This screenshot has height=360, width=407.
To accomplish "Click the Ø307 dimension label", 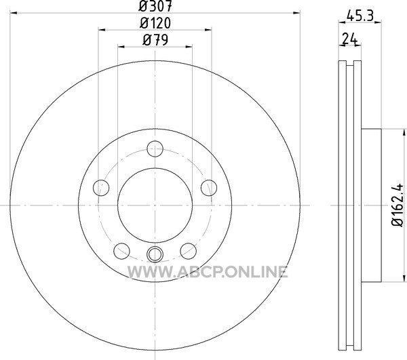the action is pos(155,6).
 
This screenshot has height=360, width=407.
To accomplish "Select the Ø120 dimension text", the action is pos(155,23).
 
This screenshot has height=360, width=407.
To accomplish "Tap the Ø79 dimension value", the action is pos(155,40).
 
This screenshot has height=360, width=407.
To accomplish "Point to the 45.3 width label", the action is pos(360,16).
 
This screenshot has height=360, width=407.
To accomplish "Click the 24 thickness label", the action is pos(349,39).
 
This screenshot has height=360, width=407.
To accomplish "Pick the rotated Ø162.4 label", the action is pos(398,205).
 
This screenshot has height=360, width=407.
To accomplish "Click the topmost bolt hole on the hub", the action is pos(155,149).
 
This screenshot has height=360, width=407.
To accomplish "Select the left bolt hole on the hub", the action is pos(101,188).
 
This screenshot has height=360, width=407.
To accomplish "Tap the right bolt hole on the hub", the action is pos(209,188).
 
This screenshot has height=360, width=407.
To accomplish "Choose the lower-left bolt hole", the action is pos(121,251).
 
